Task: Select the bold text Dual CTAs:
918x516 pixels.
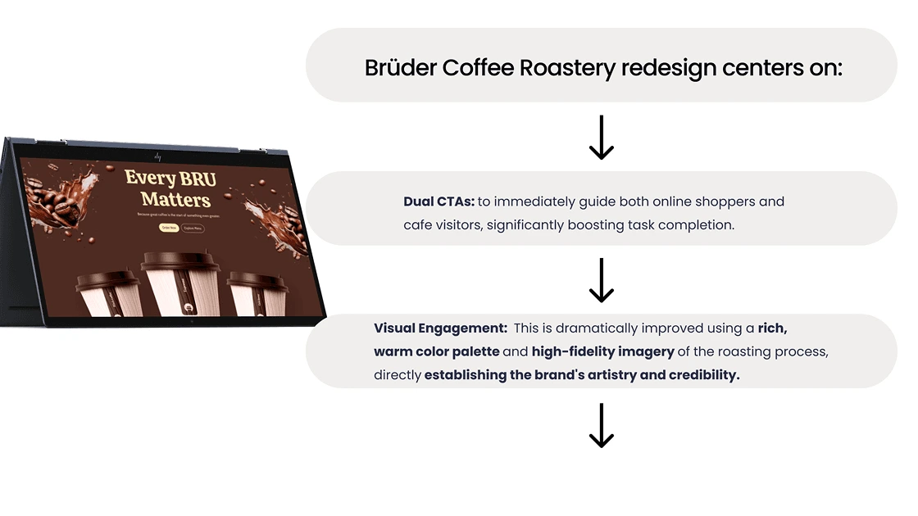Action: point(439,201)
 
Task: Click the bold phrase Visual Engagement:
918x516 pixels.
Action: point(440,328)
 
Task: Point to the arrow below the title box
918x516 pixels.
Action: point(602,137)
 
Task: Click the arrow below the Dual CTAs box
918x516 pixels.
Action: point(602,280)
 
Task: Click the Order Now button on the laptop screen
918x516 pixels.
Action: point(169,228)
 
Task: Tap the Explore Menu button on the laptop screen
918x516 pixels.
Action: point(193,228)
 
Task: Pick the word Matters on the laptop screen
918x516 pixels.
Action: point(175,199)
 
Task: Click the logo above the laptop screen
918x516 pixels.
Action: point(157,155)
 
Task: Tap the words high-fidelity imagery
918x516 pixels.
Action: point(602,352)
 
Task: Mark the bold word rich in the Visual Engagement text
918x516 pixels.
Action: point(772,328)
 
